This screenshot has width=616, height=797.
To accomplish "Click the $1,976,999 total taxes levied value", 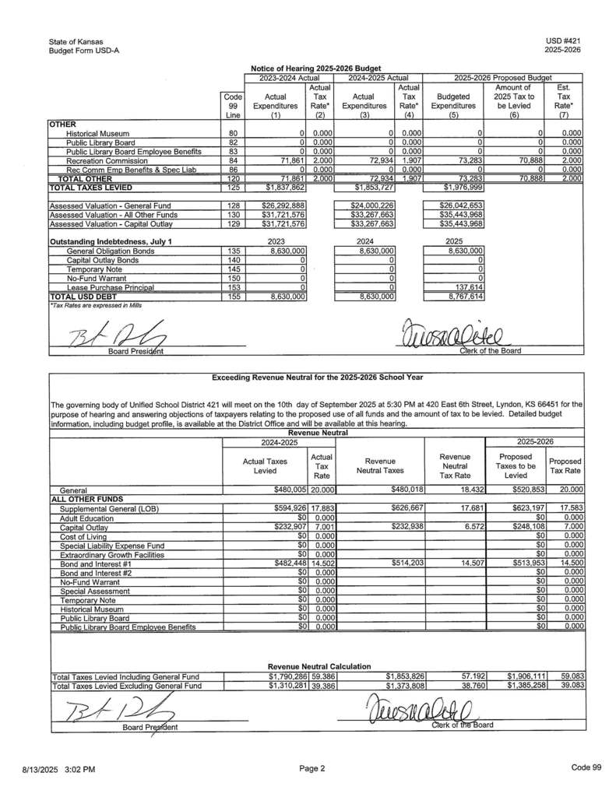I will pyautogui.click(x=452, y=188).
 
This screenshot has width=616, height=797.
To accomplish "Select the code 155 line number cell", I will pyautogui.click(x=232, y=297).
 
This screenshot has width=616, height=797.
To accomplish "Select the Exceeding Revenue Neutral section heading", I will pyautogui.click(x=317, y=377).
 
